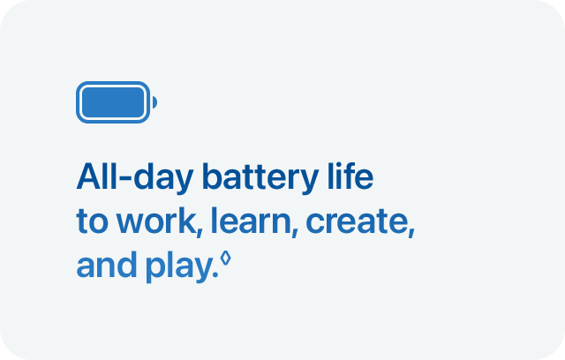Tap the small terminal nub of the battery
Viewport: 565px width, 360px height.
tap(154, 103)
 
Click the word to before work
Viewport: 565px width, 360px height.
tap(88, 222)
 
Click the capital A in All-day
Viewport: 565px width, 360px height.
tap(88, 177)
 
